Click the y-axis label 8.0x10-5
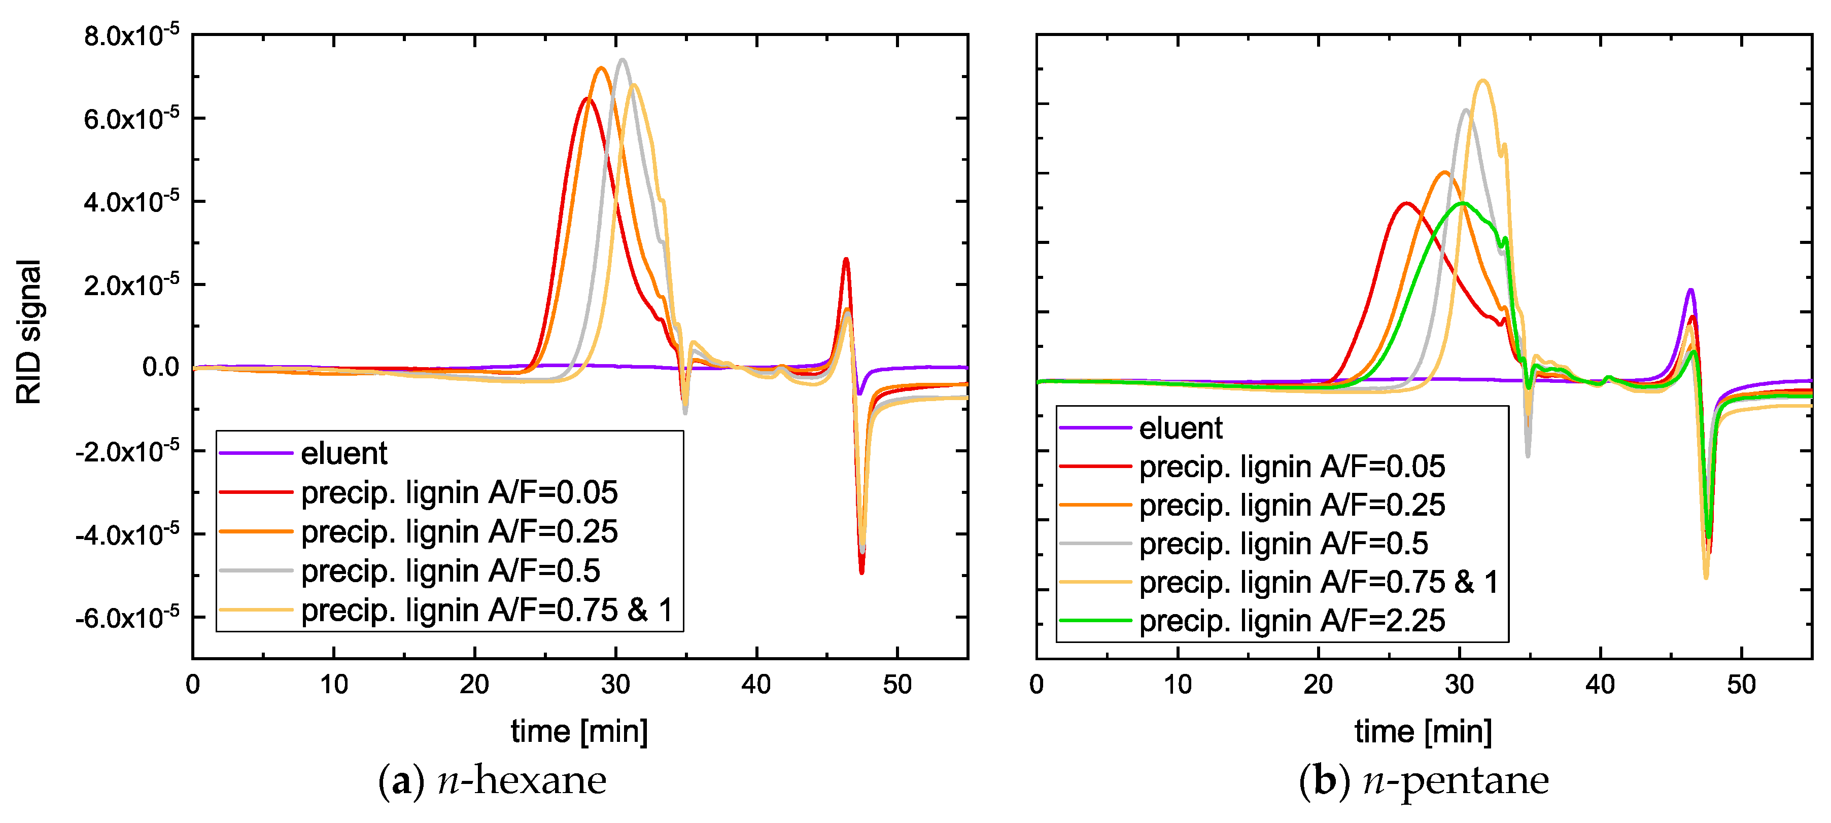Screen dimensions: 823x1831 click(x=131, y=35)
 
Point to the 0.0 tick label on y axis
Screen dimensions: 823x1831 click(x=161, y=368)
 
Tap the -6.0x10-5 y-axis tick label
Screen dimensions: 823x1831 click(x=128, y=617)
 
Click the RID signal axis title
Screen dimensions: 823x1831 click(x=29, y=332)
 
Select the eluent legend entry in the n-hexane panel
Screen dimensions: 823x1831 click(x=343, y=453)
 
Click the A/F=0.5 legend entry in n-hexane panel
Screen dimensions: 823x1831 click(x=450, y=570)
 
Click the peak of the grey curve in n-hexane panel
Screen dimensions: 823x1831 click(x=623, y=60)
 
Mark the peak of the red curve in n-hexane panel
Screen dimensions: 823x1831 click(x=587, y=99)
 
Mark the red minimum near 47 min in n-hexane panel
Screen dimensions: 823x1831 click(x=861, y=572)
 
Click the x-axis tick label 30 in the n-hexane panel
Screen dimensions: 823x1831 click(x=615, y=685)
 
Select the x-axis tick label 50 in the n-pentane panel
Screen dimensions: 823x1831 click(x=1741, y=685)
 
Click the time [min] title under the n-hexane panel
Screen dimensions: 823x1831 click(x=579, y=731)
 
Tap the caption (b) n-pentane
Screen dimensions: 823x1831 click(x=1423, y=780)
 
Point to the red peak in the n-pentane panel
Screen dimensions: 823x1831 click(x=1405, y=203)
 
